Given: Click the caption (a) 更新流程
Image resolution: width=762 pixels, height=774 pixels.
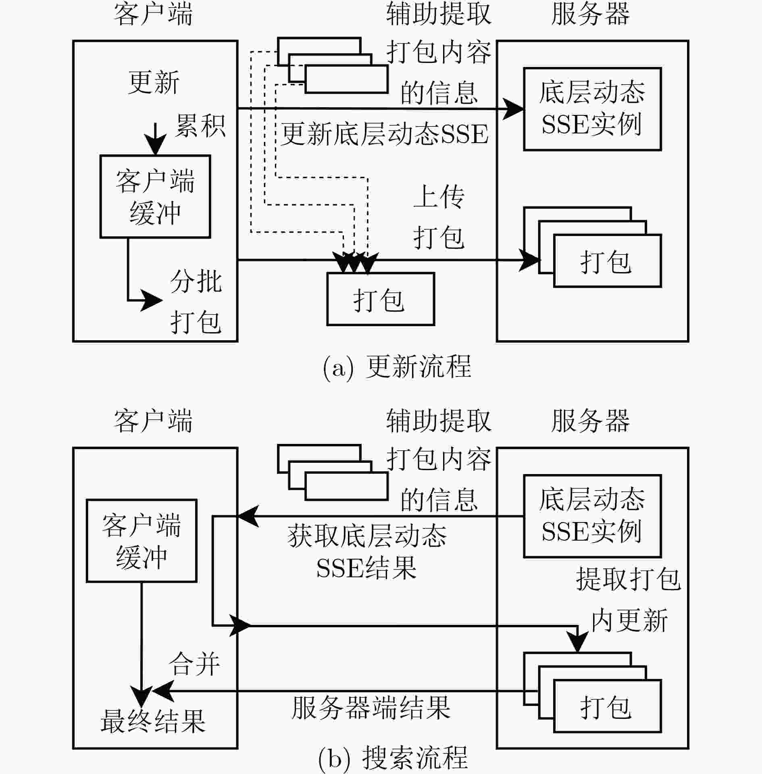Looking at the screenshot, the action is [x=397, y=367].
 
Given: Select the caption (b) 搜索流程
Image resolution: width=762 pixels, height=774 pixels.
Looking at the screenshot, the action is [x=393, y=758].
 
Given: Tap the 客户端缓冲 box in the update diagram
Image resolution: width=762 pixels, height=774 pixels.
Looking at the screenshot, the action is [x=155, y=197].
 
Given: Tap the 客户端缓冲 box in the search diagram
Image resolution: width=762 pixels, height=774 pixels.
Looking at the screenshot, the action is [x=142, y=541].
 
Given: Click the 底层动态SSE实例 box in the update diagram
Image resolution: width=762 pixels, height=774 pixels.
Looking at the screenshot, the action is [x=592, y=109].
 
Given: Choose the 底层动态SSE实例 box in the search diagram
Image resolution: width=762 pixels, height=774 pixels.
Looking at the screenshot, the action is [x=592, y=516].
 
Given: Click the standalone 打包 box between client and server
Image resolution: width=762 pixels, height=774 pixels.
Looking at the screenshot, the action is [x=381, y=299].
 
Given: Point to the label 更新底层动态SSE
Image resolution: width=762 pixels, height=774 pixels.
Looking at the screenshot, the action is [x=385, y=134].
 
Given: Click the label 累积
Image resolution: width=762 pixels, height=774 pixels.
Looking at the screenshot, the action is [x=200, y=125].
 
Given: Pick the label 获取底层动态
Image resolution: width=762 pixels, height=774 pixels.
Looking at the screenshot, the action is [x=367, y=536].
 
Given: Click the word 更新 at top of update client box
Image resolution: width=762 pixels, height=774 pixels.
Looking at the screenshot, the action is [x=154, y=82].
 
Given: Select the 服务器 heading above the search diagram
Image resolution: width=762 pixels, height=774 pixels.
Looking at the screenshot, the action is [x=590, y=421].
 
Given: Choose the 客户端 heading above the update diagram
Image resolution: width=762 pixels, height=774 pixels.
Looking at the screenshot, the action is [x=153, y=14].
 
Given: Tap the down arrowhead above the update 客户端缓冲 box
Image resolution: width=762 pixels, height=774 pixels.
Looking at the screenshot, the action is [x=155, y=144].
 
